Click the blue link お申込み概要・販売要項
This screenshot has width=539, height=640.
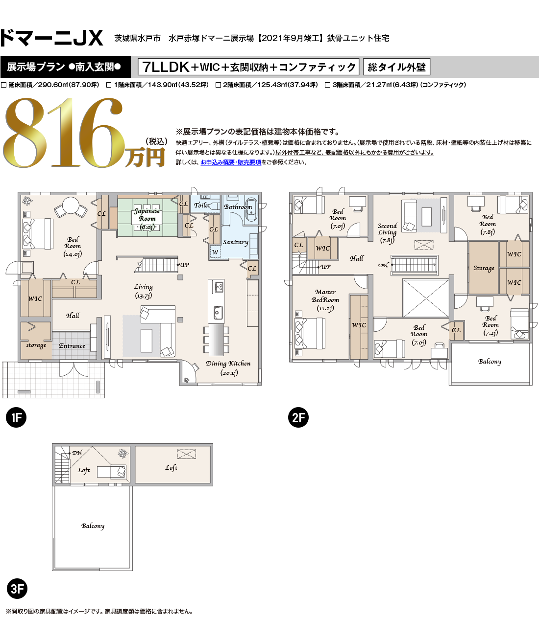[231, 162]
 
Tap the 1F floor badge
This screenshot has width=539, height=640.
[16, 417]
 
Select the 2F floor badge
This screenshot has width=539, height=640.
[298, 417]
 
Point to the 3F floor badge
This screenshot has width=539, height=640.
[17, 589]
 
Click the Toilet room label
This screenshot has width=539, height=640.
[202, 205]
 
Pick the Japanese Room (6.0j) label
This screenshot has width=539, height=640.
[147, 219]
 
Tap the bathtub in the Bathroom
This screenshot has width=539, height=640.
[251, 209]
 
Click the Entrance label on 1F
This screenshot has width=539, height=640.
[72, 346]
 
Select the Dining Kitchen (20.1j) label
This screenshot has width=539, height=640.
[228, 368]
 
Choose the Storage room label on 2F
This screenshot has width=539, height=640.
[484, 268]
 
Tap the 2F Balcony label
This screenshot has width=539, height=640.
[490, 362]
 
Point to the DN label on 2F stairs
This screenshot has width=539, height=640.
[383, 265]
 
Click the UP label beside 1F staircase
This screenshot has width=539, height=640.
[184, 265]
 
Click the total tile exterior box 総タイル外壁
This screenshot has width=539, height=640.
[396, 67]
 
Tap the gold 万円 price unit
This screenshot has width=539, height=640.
[145, 158]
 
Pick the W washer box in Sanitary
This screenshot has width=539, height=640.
[216, 252]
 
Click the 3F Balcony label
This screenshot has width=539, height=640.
[93, 526]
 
